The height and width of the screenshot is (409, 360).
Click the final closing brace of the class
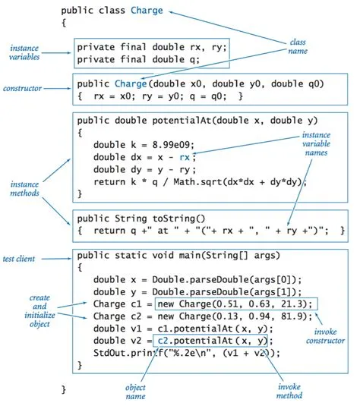[x=64, y=389]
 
